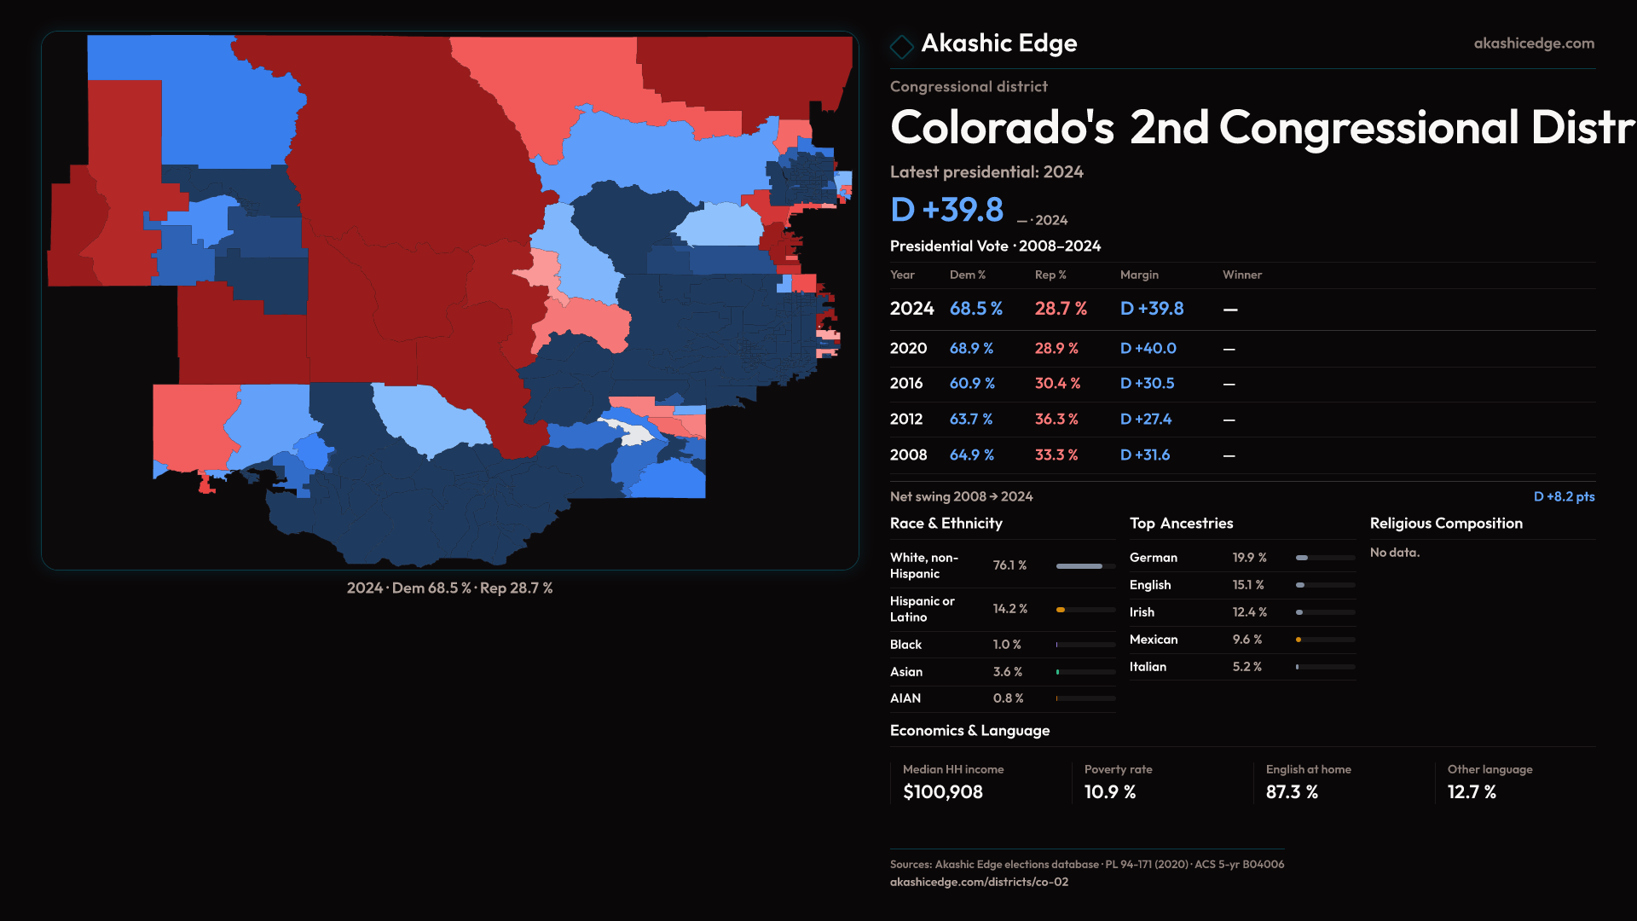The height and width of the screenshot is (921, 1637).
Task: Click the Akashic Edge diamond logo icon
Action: (x=901, y=45)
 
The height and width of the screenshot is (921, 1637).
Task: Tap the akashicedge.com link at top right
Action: (x=1533, y=43)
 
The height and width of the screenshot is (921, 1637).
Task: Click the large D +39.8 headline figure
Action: (x=946, y=210)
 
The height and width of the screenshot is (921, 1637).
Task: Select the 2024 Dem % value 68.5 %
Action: (x=975, y=309)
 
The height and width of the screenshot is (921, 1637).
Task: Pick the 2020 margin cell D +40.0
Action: (x=1148, y=349)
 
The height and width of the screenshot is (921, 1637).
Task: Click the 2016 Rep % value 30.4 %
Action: (x=1057, y=384)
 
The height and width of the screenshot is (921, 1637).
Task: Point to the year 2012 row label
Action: (x=905, y=420)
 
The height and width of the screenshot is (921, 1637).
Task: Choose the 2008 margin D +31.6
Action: (x=1144, y=455)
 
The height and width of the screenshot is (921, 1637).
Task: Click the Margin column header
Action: (x=1139, y=275)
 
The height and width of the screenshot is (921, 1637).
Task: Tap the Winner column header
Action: (x=1241, y=275)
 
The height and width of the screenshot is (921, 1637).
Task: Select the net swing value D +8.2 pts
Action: (x=1564, y=496)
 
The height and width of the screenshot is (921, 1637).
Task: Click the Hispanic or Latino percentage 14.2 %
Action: (x=1009, y=609)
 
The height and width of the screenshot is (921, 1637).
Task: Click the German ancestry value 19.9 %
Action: (x=1249, y=558)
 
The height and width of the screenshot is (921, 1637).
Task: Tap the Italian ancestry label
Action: (x=1148, y=667)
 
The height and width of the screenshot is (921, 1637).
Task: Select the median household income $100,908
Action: (x=942, y=792)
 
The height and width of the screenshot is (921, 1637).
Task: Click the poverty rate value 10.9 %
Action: (x=1109, y=792)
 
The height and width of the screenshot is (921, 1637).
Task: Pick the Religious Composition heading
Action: (x=1445, y=524)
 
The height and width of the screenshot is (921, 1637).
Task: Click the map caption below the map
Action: (x=449, y=588)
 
